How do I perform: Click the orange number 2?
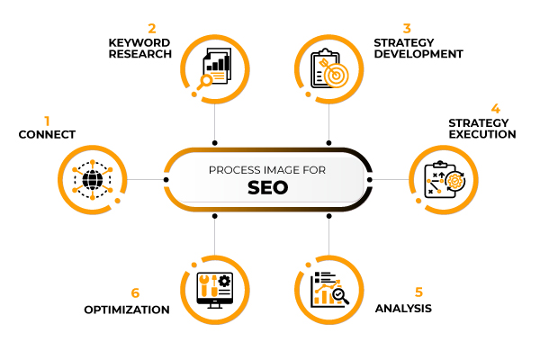[x=152, y=28]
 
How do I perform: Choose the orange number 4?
[x=495, y=109]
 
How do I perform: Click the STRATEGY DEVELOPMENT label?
[x=418, y=48]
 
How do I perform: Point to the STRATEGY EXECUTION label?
[x=481, y=129]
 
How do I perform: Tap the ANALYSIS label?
[x=403, y=308]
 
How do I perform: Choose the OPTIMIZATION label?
[x=127, y=310]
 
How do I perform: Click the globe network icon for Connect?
[x=92, y=178]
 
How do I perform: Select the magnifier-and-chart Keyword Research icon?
[x=214, y=67]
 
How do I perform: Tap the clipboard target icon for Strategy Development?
[x=328, y=68]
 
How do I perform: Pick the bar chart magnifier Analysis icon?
[x=328, y=289]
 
